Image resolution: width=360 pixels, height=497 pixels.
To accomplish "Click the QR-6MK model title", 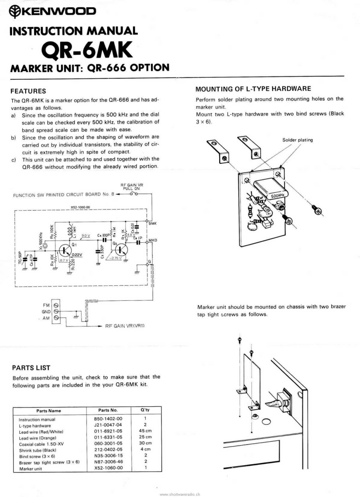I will [86, 52].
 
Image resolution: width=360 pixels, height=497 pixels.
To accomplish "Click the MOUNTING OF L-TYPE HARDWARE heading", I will [254, 88].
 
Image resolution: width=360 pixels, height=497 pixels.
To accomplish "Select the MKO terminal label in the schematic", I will [153, 241].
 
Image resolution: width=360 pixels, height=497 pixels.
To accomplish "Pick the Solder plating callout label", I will [297, 140].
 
